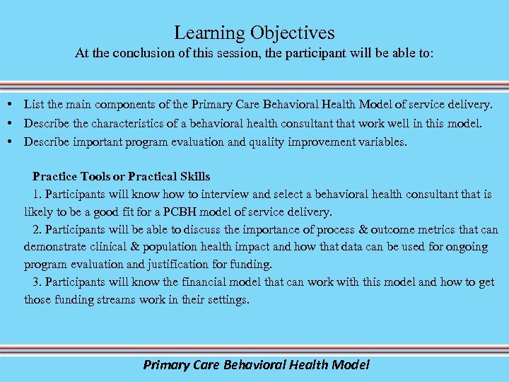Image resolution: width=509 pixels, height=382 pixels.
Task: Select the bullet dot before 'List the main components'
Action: tap(14, 105)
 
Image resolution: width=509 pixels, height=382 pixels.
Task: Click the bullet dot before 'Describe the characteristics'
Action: tap(14, 123)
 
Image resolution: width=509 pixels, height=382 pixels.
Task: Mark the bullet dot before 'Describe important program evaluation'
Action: tap(14, 141)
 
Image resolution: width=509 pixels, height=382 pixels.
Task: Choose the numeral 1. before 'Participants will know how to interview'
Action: tap(37, 194)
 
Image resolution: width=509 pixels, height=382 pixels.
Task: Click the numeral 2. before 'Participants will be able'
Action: tap(37, 229)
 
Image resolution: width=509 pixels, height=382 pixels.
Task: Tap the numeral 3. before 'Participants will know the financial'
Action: tap(37, 282)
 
